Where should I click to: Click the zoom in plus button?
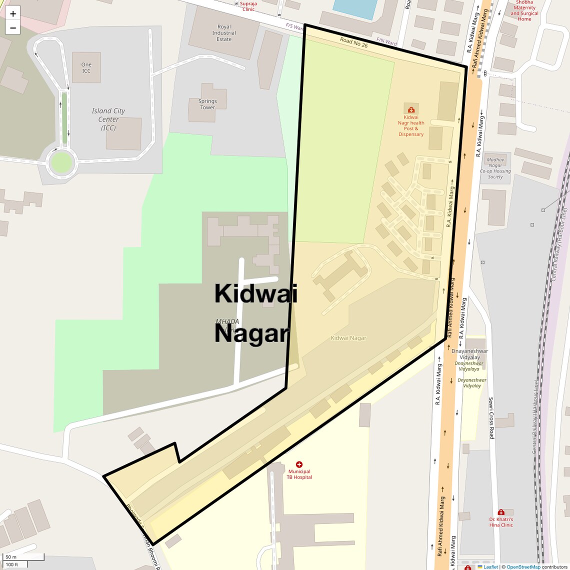[13, 13]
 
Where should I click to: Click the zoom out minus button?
[13, 28]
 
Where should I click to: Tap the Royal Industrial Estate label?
[224, 33]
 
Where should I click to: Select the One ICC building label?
[86, 67]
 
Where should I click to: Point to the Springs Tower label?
[207, 104]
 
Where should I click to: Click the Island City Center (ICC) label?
[108, 119]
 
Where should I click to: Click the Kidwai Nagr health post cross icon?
[411, 109]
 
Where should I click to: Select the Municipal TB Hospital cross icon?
[299, 464]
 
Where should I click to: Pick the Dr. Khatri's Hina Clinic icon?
[500, 512]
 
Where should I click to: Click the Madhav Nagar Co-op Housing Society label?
[495, 168]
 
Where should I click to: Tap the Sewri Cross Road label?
[491, 418]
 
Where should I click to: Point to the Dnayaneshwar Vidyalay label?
[469, 354]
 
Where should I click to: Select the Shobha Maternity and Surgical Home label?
[524, 10]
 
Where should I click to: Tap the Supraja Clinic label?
[248, 6]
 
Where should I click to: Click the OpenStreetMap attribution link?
[523, 566]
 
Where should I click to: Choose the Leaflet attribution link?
[490, 566]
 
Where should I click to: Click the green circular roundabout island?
[61, 162]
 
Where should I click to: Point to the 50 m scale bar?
[23, 557]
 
